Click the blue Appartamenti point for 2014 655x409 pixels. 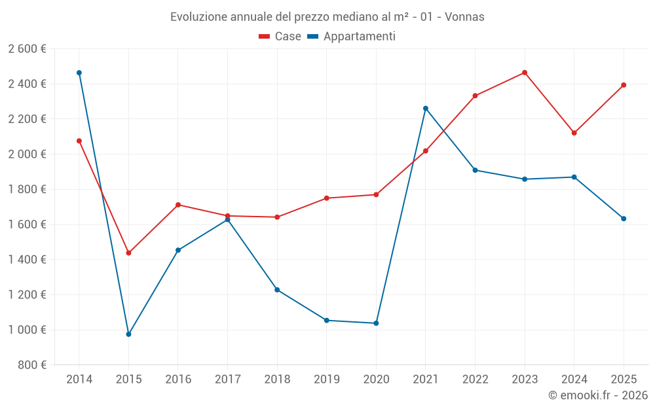(79, 73)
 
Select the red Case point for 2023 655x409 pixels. (525, 73)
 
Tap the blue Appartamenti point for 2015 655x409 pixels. (128, 334)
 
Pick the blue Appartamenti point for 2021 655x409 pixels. (426, 109)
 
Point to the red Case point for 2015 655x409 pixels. (128, 253)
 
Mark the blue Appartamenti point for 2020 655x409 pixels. (376, 323)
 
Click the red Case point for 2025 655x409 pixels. (624, 85)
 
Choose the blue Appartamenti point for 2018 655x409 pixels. (277, 290)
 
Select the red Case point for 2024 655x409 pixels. (574, 133)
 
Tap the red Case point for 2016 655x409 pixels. (178, 205)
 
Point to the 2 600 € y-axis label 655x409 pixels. (27, 49)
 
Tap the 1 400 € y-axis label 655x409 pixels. (27, 260)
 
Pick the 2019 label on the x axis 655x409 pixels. (326, 380)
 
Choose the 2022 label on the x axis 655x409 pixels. (475, 380)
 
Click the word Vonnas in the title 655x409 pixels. (464, 17)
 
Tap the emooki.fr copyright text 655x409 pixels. (598, 395)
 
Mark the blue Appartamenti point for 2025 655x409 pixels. (624, 219)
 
